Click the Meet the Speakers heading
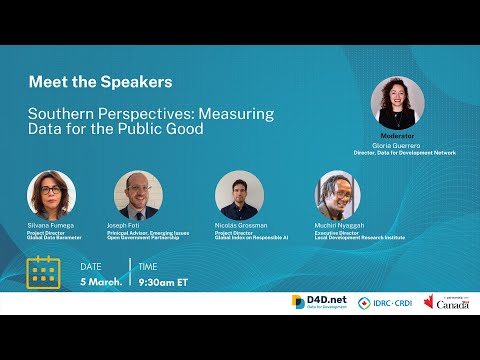point(100,81)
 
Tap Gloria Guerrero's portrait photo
point(397,103)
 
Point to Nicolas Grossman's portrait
point(239,194)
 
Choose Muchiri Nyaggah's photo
point(338,194)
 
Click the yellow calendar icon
point(44,272)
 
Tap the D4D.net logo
point(319,301)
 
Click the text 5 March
point(101,281)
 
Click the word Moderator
point(397,136)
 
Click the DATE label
point(91,266)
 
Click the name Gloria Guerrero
point(397,145)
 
